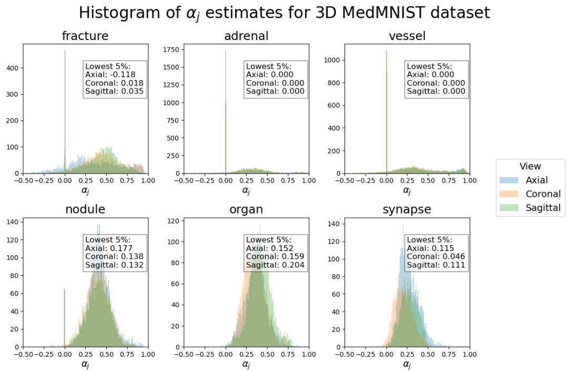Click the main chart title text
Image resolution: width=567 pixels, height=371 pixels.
[284, 12]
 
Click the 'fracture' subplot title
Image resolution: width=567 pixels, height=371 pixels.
[85, 36]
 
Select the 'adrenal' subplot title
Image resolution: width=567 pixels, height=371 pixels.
[246, 36]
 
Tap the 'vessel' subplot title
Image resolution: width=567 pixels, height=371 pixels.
[407, 36]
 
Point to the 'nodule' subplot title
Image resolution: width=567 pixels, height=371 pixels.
[85, 209]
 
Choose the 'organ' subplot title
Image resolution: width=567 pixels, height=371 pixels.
[246, 209]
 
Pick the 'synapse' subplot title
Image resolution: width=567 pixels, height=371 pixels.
[407, 209]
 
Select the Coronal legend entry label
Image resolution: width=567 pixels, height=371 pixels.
[543, 194]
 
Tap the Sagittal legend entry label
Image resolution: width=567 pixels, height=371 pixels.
[543, 208]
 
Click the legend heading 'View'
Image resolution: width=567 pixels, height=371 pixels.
[530, 166]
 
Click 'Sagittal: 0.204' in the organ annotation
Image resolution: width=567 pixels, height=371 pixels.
[275, 265]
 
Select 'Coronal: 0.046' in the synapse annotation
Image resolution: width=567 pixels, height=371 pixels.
[436, 256]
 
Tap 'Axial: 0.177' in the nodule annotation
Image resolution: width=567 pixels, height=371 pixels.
[109, 248]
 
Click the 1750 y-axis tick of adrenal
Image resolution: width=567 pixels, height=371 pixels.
[171, 49]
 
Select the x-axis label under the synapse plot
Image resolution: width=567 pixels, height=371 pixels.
[407, 364]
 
